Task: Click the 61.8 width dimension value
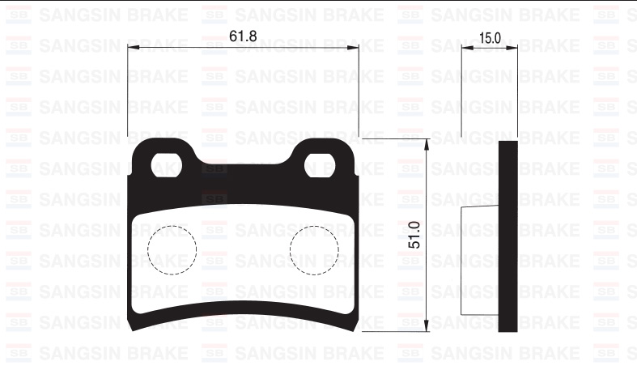[244, 36]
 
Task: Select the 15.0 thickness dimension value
[490, 37]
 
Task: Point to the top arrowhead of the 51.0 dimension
[427, 143]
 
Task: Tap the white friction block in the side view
[478, 262]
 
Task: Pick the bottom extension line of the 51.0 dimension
[397, 331]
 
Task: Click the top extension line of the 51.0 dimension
[397, 138]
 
